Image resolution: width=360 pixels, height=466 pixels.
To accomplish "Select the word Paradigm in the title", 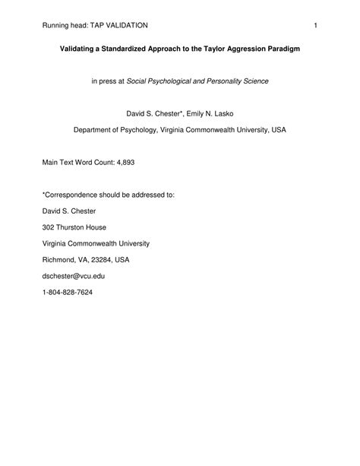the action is [x=281, y=48].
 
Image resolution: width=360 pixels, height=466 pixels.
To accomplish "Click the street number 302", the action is [x=49, y=227].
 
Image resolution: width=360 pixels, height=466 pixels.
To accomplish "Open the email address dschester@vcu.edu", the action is [x=74, y=276].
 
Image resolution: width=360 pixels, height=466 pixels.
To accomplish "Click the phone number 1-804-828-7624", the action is [x=68, y=293].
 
